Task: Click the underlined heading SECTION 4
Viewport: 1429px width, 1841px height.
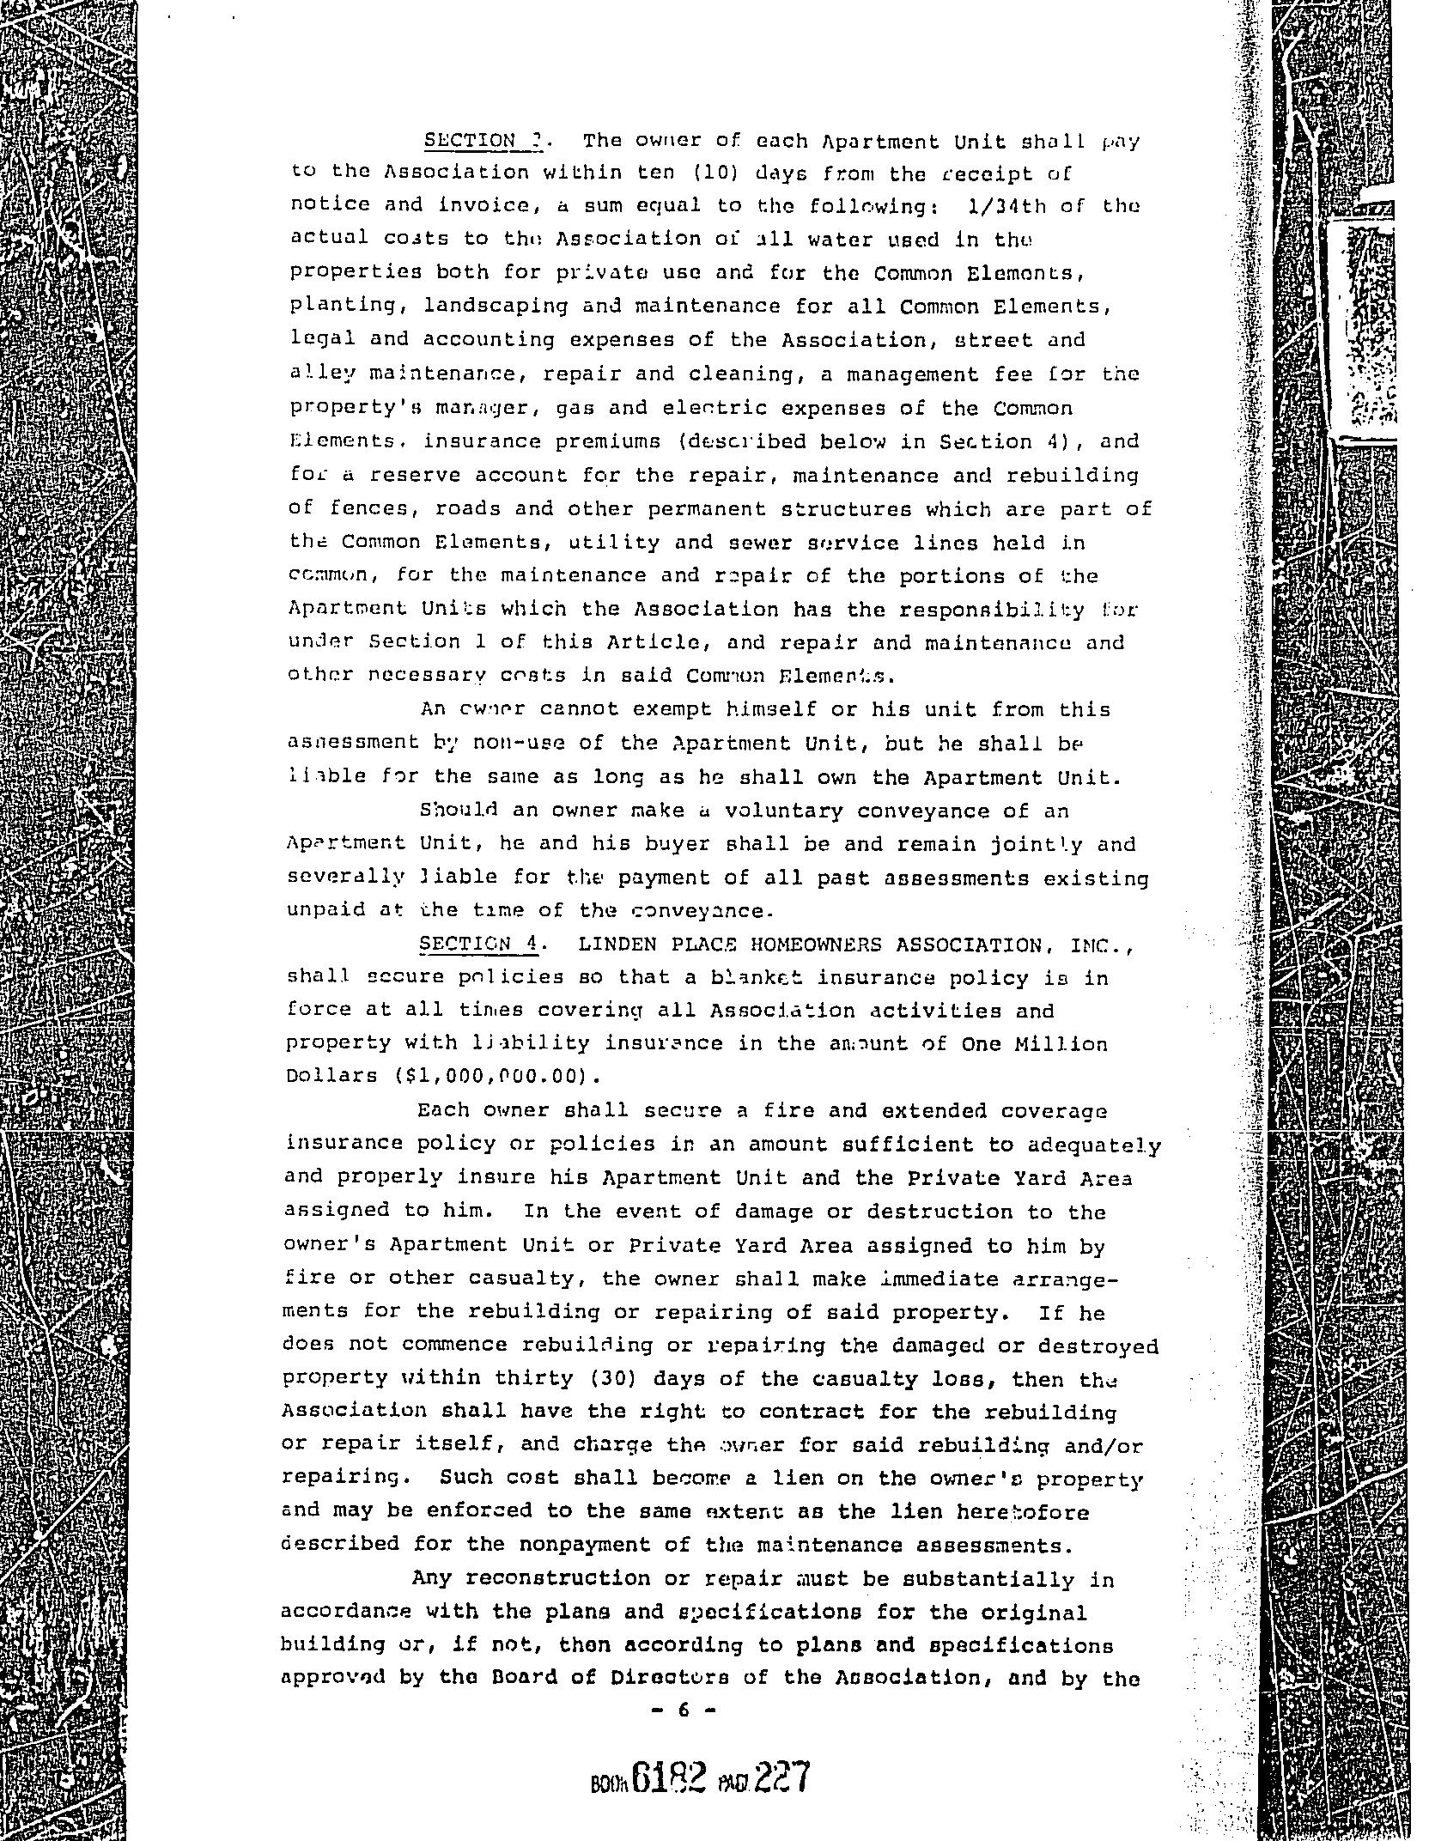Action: pos(477,944)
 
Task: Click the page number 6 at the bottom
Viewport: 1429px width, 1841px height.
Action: pos(684,1710)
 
